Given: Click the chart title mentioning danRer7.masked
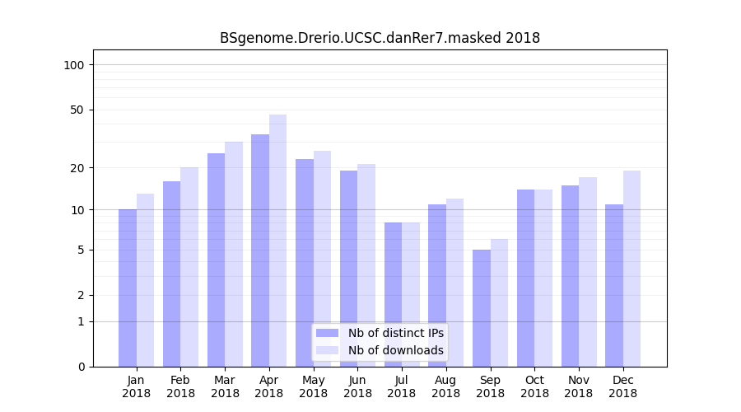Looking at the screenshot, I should pos(380,38).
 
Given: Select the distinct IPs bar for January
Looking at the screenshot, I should pos(128,288).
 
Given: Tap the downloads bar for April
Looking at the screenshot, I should pos(278,241).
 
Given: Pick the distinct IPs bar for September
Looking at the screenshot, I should pos(482,308).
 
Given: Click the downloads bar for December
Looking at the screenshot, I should pos(631,269).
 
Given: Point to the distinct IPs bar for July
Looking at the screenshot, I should pos(393,294).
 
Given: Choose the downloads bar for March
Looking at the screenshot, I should pos(234,254).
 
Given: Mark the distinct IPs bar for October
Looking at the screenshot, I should pos(525,278).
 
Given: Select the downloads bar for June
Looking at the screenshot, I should pos(366,265).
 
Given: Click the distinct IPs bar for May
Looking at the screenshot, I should pos(305,263).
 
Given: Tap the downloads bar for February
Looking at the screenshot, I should pos(189,267).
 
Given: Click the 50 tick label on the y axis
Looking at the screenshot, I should pos(77,110).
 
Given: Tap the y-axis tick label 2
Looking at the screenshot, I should pos(81,295).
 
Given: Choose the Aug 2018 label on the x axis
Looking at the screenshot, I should pos(445,386).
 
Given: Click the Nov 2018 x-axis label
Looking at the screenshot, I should pos(579,386).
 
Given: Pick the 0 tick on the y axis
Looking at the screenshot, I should pos(81,367).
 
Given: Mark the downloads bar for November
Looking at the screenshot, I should pos(588,272).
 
